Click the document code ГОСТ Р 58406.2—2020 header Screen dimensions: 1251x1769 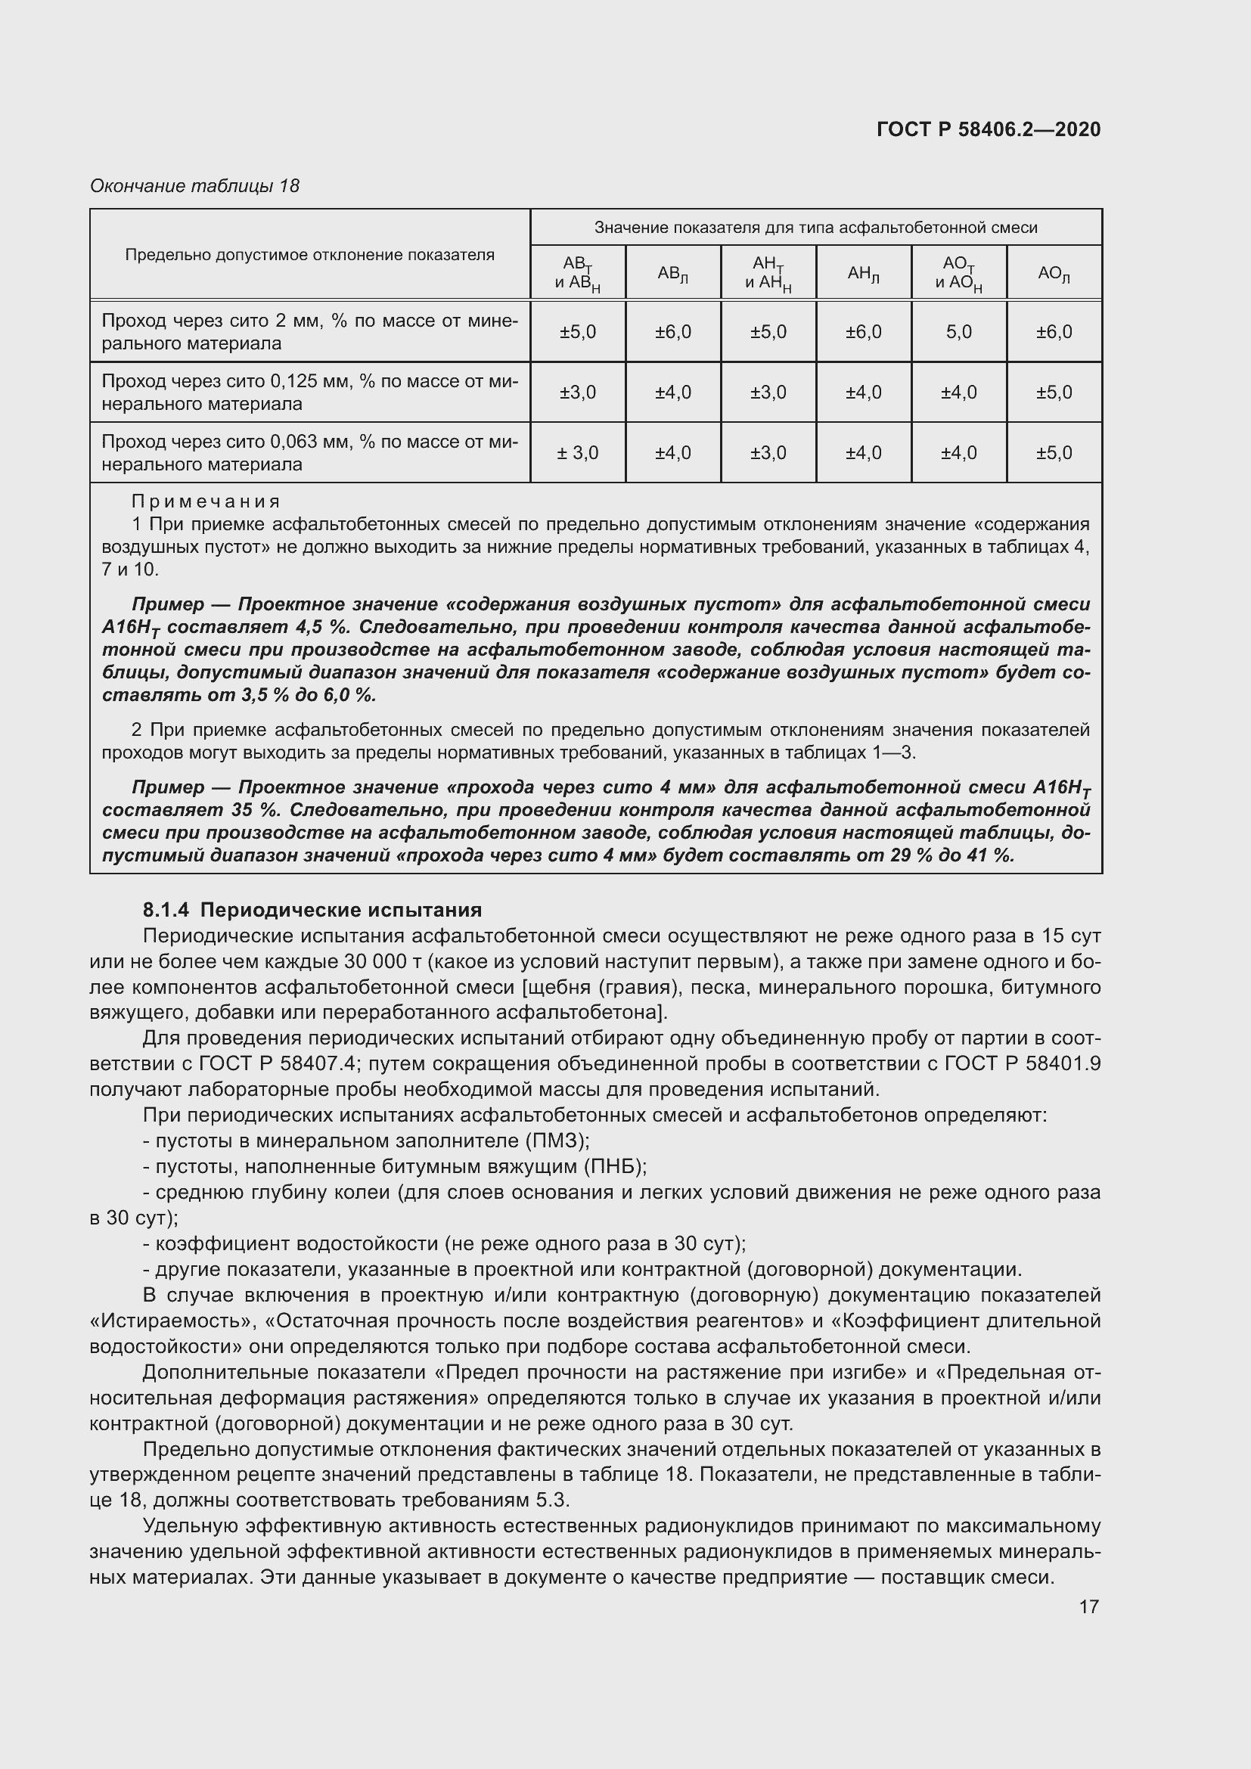(989, 129)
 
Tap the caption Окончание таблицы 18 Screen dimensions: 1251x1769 (194, 186)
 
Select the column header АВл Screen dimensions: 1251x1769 (672, 274)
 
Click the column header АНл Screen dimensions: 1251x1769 (863, 274)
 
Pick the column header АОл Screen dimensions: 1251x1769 (1053, 274)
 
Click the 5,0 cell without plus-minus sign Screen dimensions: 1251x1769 (958, 332)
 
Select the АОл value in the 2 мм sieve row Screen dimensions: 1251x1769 (1054, 332)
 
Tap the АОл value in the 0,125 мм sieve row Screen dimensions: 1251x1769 (1054, 393)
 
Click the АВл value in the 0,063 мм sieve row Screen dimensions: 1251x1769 (672, 453)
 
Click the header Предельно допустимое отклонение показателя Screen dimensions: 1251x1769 (309, 255)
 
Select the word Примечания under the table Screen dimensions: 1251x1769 (206, 501)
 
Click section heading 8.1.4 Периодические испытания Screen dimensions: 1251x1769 (312, 910)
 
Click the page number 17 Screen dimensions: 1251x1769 (1088, 1606)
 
